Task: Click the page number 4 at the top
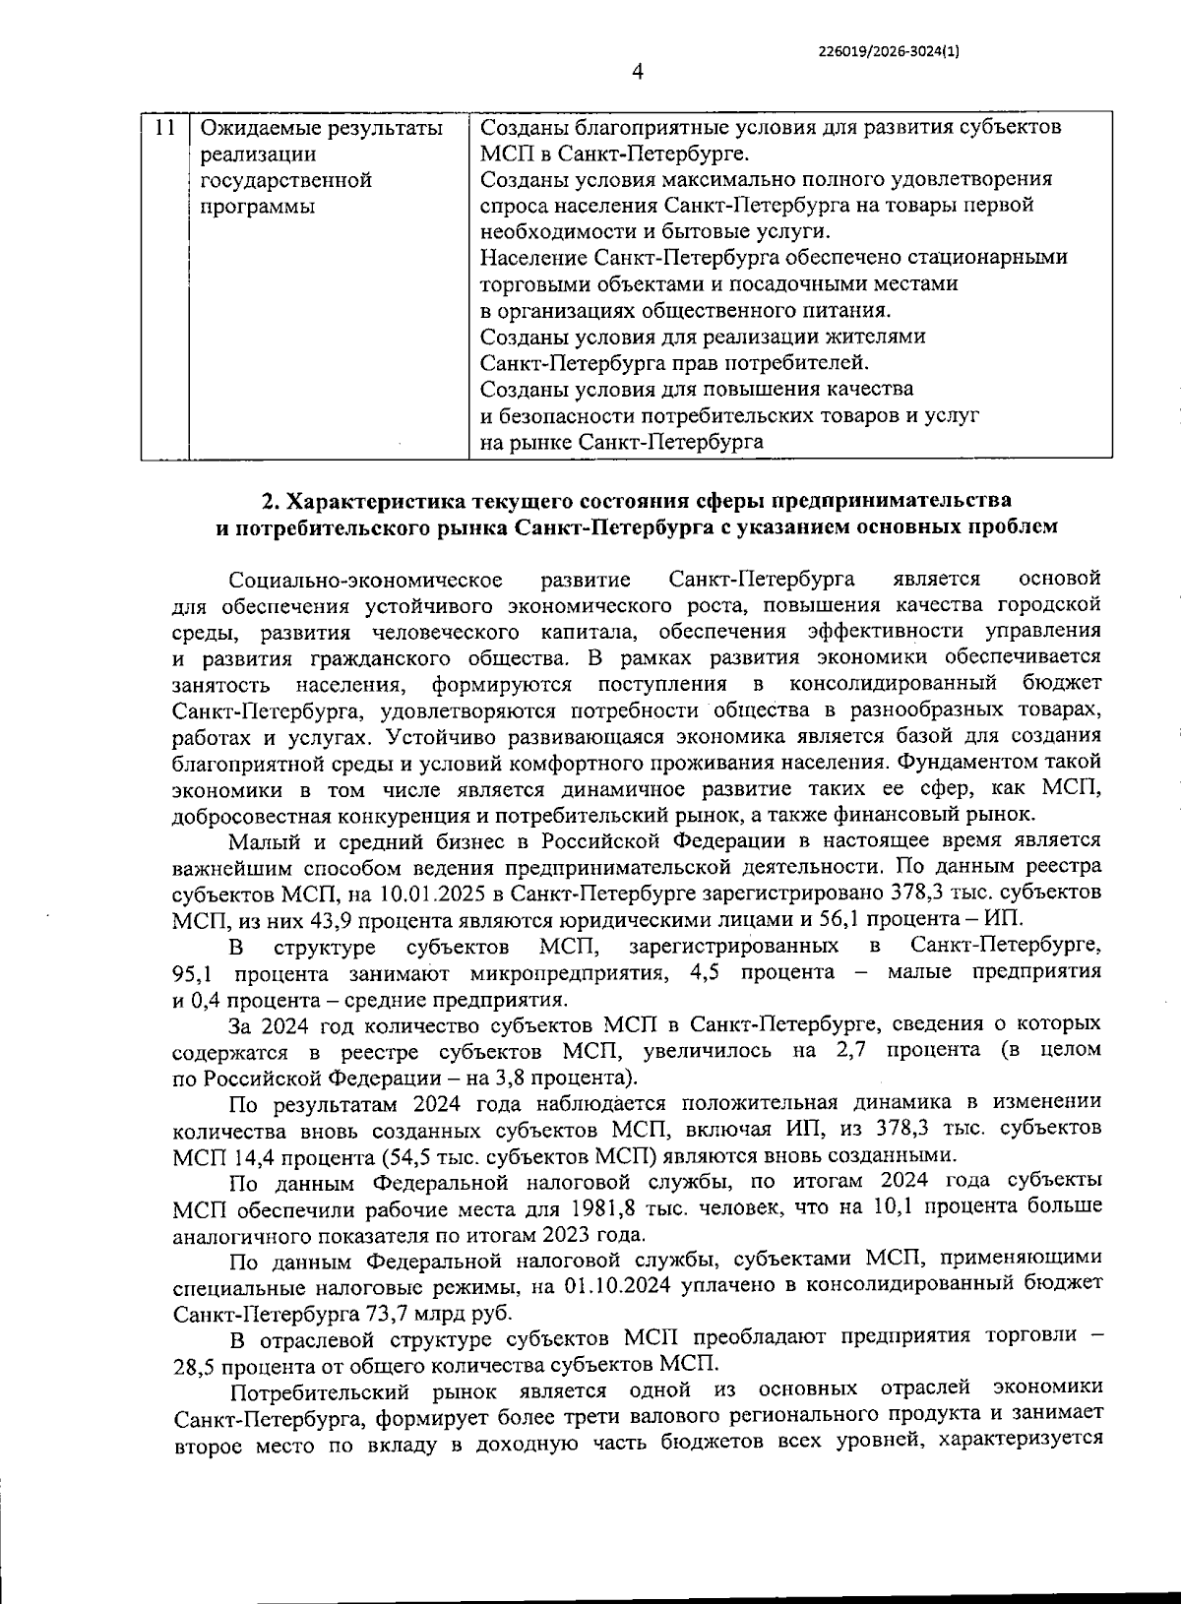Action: (x=636, y=71)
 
